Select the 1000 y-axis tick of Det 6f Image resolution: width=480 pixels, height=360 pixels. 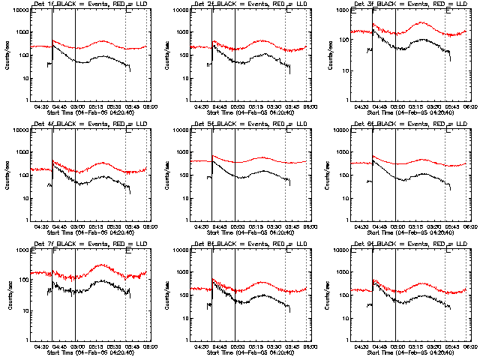point(341,153)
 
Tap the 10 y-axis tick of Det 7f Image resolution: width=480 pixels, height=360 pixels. point(25,310)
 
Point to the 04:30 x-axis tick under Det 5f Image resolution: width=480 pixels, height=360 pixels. point(202,226)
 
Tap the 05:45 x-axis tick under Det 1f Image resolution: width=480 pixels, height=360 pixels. point(125,107)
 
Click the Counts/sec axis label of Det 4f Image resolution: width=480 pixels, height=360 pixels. point(6,175)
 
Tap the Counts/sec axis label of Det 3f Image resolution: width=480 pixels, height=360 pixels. point(326,56)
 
